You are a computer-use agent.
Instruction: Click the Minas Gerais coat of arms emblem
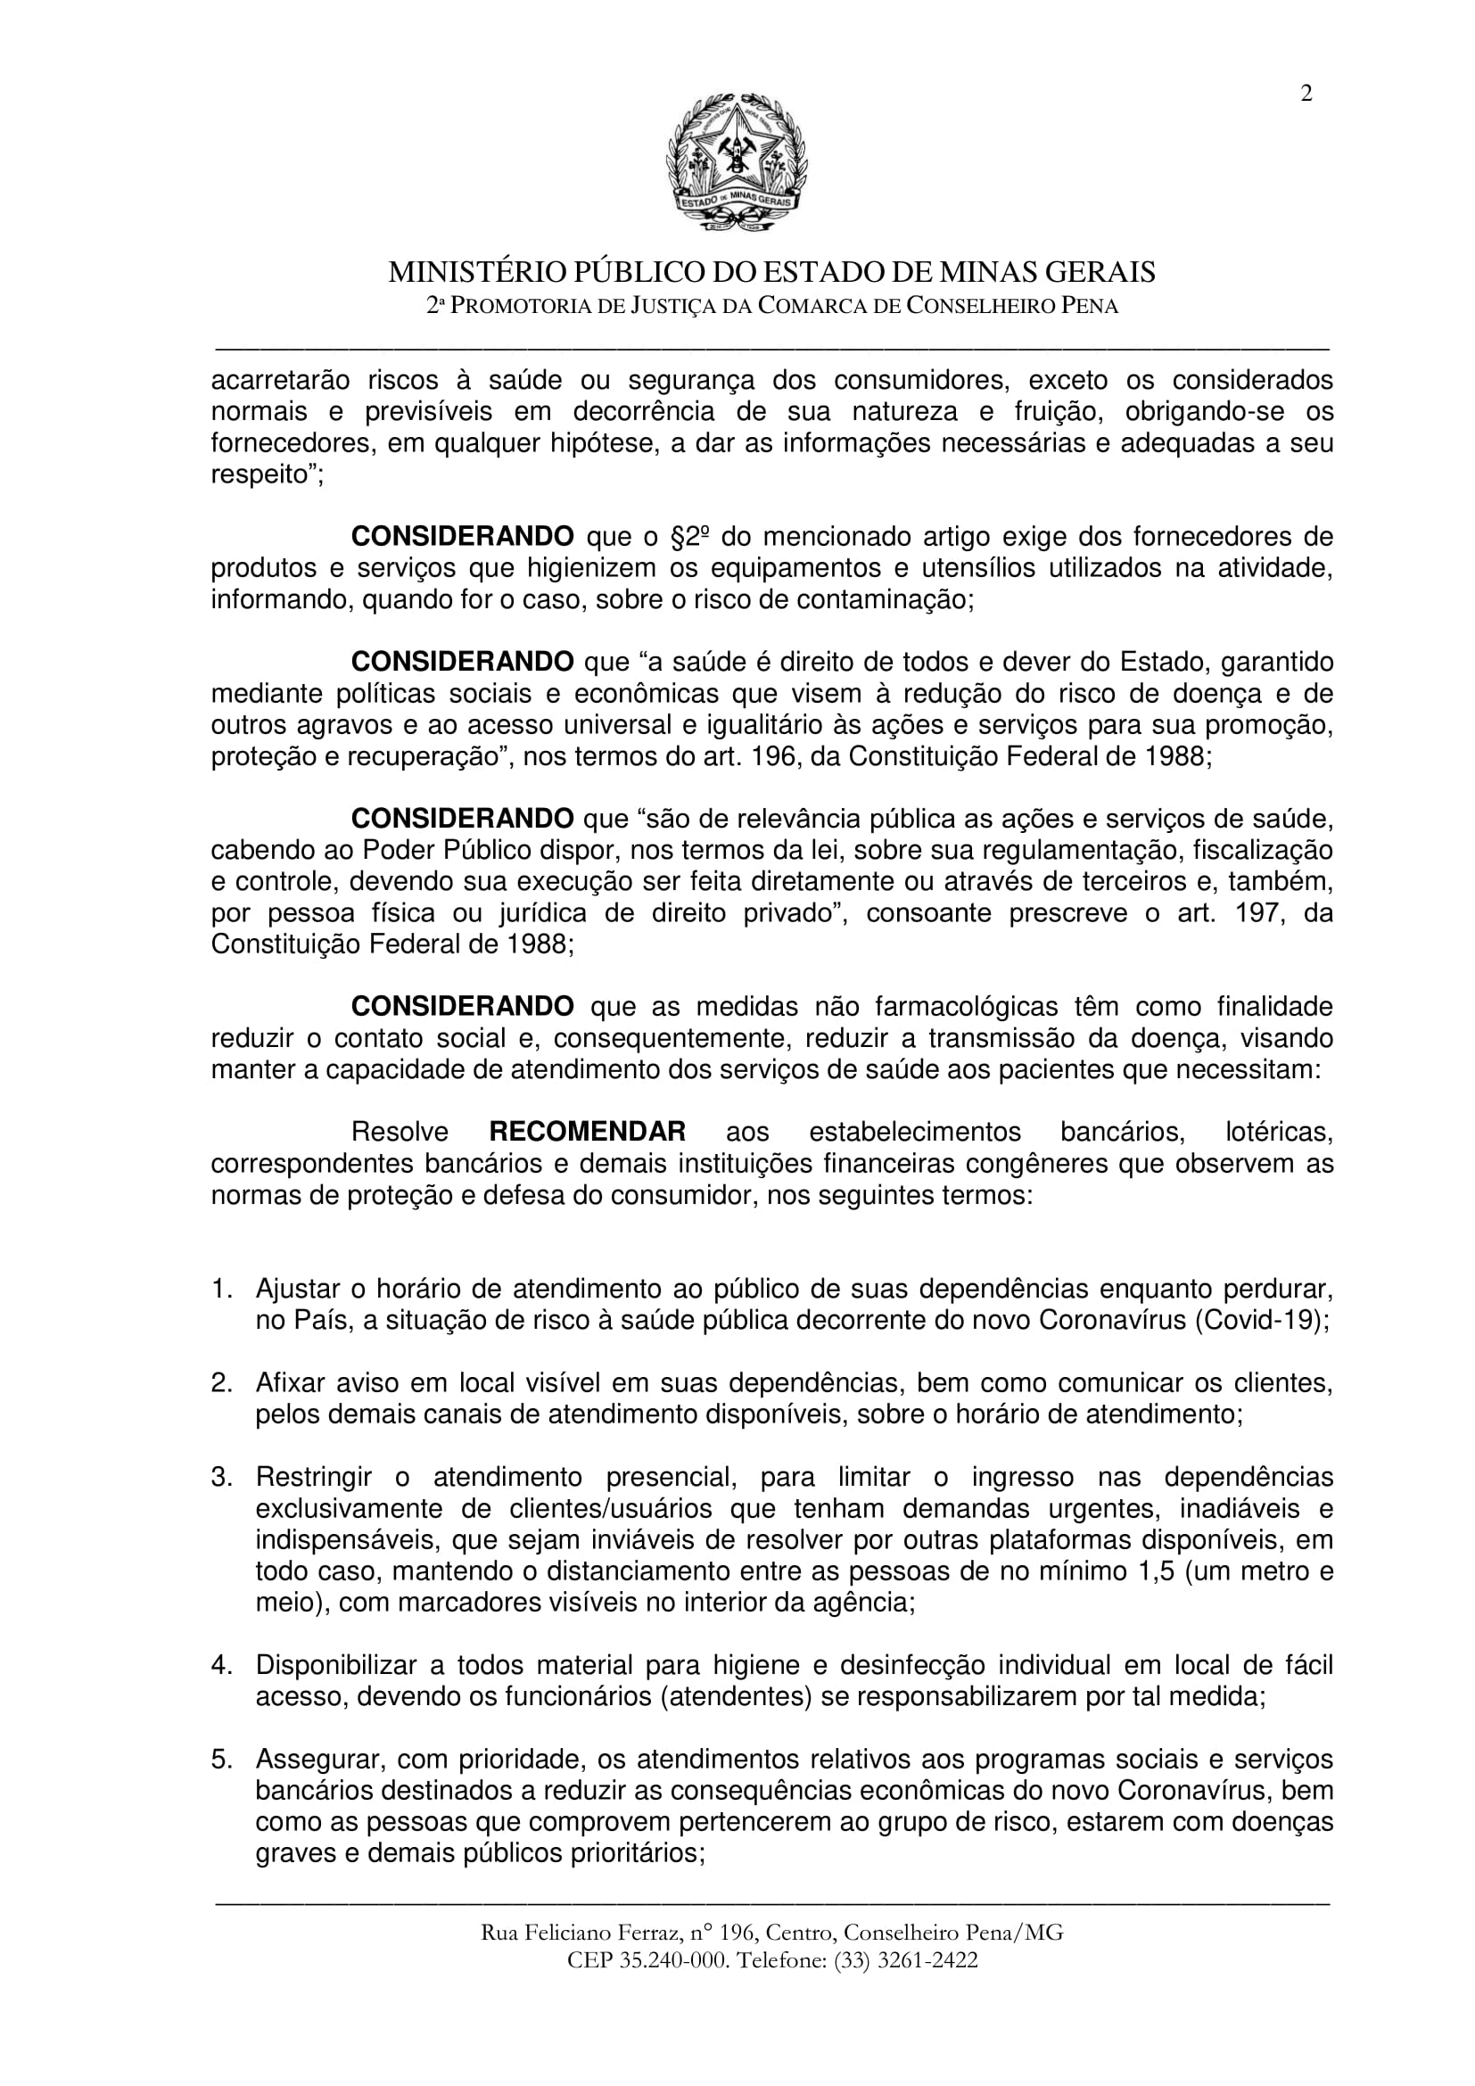[737, 163]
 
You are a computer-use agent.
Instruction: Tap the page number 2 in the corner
[1306, 94]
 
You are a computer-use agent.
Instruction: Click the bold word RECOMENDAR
[587, 1132]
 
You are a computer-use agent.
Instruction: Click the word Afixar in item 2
[288, 1384]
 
